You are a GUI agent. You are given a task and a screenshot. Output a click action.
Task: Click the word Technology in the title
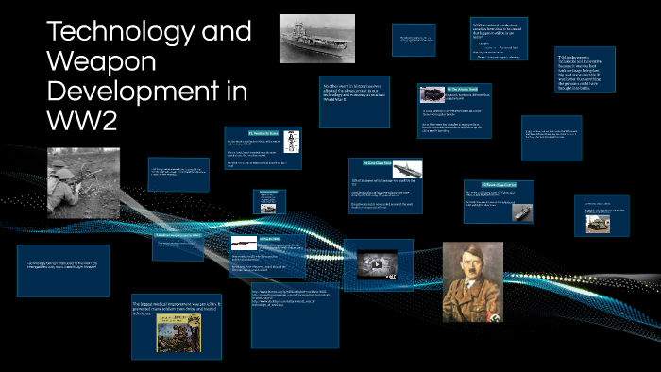click(149, 31)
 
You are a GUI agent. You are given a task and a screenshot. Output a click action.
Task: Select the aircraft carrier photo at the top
click(316, 39)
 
